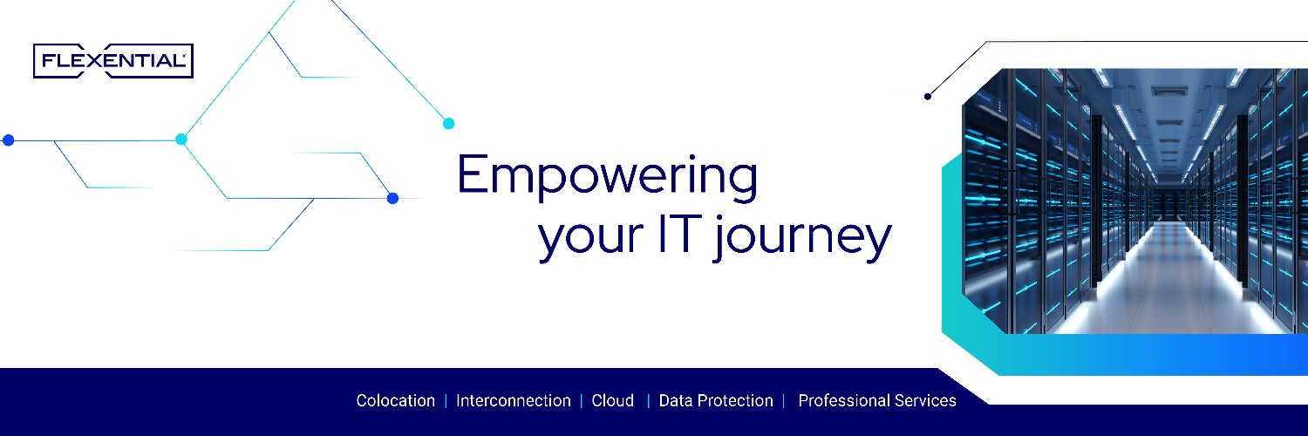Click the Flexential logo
tap(113, 61)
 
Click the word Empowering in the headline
tap(607, 175)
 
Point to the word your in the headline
tap(591, 240)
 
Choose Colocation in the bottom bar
tap(395, 401)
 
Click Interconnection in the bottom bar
tap(514, 401)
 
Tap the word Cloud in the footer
tap(612, 401)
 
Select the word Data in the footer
tap(676, 401)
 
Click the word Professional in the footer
tap(844, 401)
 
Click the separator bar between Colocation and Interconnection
tap(446, 401)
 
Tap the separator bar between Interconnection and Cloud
tap(582, 401)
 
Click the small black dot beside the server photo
tap(928, 96)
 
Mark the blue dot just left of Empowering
tap(393, 199)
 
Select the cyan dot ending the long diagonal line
tap(448, 123)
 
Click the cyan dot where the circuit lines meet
tap(181, 139)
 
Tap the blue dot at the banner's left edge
tap(8, 140)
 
